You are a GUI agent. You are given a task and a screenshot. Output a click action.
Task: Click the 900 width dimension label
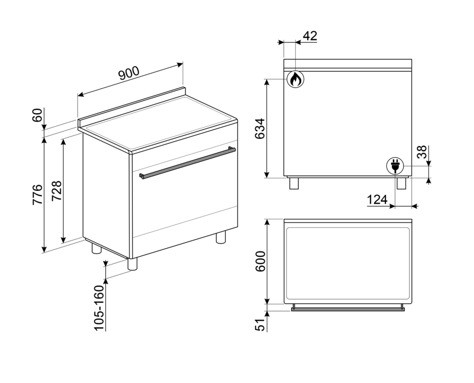pyautogui.click(x=129, y=73)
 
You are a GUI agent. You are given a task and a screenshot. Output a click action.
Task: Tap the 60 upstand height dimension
pyautogui.click(x=37, y=115)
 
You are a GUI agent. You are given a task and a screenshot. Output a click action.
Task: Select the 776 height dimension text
pyautogui.click(x=38, y=195)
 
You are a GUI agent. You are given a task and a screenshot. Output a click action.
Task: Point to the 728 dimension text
pyautogui.click(x=57, y=191)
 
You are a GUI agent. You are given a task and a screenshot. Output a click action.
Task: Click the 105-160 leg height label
pyautogui.click(x=99, y=308)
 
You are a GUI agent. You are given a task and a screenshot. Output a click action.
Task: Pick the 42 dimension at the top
pyautogui.click(x=310, y=36)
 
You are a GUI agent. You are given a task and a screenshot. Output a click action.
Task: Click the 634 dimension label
pyautogui.click(x=260, y=129)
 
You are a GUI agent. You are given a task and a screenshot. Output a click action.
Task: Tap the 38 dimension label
pyautogui.click(x=422, y=152)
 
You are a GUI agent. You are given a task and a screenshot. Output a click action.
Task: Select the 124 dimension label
pyautogui.click(x=377, y=199)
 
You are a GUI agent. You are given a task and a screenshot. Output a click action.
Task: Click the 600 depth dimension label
pyautogui.click(x=260, y=261)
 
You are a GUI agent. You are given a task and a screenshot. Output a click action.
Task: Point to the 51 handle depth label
pyautogui.click(x=260, y=325)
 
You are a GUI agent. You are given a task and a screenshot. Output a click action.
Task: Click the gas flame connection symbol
pyautogui.click(x=295, y=79)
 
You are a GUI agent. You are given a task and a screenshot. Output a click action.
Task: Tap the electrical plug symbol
pyautogui.click(x=395, y=166)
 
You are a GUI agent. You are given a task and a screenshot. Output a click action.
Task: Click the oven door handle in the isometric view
pyautogui.click(x=187, y=163)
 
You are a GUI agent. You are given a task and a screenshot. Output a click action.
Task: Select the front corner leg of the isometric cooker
pyautogui.click(x=132, y=264)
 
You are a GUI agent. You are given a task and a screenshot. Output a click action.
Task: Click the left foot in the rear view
pyautogui.click(x=294, y=184)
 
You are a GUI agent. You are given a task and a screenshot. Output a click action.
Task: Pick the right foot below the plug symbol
pyautogui.click(x=401, y=184)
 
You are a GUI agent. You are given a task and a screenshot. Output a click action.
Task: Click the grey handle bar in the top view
pyautogui.click(x=348, y=309)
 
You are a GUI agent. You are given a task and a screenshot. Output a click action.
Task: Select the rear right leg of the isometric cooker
pyautogui.click(x=221, y=237)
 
